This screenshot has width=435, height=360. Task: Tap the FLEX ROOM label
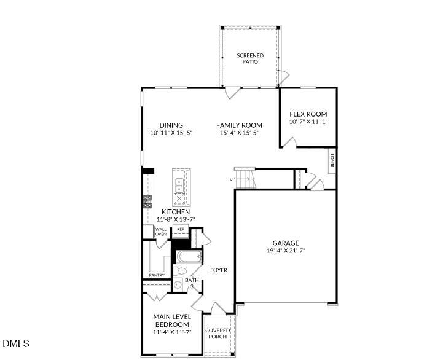pyautogui.click(x=308, y=114)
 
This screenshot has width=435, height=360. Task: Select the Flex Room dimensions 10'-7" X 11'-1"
pyautogui.click(x=308, y=122)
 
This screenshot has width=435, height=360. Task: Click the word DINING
pyautogui.click(x=171, y=125)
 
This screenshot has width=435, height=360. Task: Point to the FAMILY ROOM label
pyautogui.click(x=239, y=125)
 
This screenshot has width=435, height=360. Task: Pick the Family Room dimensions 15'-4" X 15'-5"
pyautogui.click(x=239, y=133)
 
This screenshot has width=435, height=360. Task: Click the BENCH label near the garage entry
pyautogui.click(x=332, y=162)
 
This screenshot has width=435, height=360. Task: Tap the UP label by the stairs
pyautogui.click(x=232, y=179)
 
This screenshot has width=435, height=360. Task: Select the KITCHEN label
pyautogui.click(x=176, y=212)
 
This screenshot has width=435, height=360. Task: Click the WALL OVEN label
pyautogui.click(x=160, y=232)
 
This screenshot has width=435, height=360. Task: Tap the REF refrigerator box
pyautogui.click(x=181, y=229)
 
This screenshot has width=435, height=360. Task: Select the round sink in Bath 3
pyautogui.click(x=178, y=284)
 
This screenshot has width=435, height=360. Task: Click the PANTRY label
pyautogui.click(x=157, y=275)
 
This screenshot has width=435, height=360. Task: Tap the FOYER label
pyautogui.click(x=218, y=270)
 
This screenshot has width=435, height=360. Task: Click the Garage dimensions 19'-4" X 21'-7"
pyautogui.click(x=286, y=251)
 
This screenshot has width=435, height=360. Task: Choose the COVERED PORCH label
pyautogui.click(x=217, y=334)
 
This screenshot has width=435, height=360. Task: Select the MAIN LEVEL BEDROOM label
pyautogui.click(x=171, y=321)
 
